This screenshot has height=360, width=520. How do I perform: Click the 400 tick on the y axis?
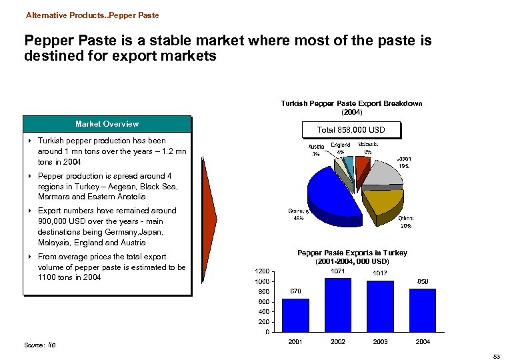264,311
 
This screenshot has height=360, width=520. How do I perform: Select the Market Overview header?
107,123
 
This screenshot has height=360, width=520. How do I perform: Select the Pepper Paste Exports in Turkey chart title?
352,257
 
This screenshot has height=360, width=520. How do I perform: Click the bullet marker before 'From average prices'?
31,257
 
